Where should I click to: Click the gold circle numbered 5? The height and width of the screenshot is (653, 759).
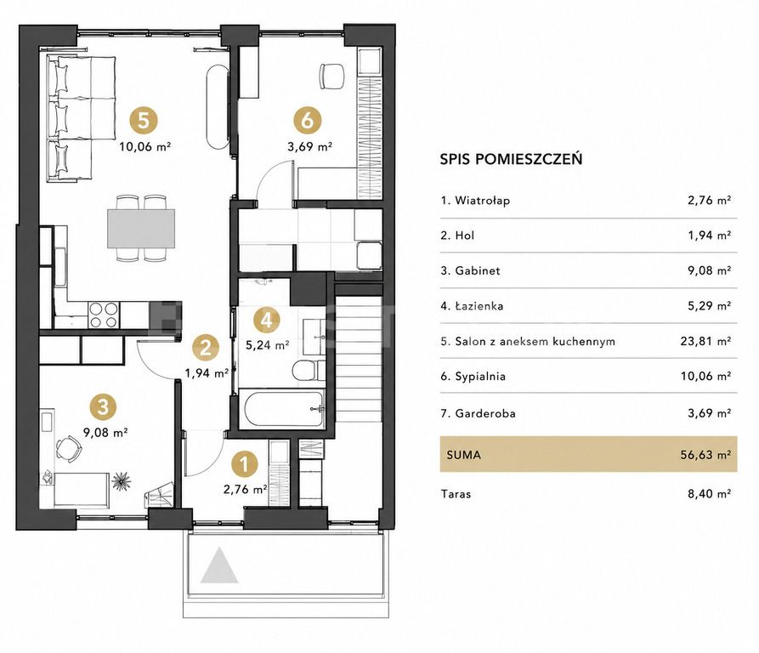[x=144, y=120]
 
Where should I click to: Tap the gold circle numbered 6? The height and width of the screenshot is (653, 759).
[x=308, y=120]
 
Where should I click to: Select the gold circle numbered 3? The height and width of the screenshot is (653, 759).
[x=103, y=406]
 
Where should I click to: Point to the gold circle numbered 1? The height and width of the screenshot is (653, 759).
[x=245, y=464]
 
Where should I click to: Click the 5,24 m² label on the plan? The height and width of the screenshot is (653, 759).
[x=268, y=345]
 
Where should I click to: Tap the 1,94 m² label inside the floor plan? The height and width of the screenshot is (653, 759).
[x=207, y=373]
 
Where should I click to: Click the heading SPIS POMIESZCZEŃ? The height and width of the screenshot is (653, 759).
[x=511, y=159]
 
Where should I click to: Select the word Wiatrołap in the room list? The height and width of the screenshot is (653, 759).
[x=482, y=201]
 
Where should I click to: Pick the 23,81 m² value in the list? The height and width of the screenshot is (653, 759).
[x=705, y=341]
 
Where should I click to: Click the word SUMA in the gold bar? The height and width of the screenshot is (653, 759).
[x=464, y=455]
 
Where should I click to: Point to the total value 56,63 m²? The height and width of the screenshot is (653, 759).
[x=705, y=455]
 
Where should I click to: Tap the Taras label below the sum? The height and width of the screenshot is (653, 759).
[x=456, y=494]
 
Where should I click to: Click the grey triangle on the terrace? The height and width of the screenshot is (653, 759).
[x=219, y=565]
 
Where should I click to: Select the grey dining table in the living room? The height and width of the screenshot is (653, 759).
[x=141, y=228]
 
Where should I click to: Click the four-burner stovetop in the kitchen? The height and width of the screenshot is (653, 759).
[x=103, y=315]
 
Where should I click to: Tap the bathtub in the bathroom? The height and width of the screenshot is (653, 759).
[x=284, y=408]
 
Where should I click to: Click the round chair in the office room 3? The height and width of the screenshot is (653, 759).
[x=68, y=449]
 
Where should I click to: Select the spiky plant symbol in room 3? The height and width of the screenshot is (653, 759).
[x=121, y=481]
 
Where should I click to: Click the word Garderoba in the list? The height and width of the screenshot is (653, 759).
[x=485, y=413]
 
